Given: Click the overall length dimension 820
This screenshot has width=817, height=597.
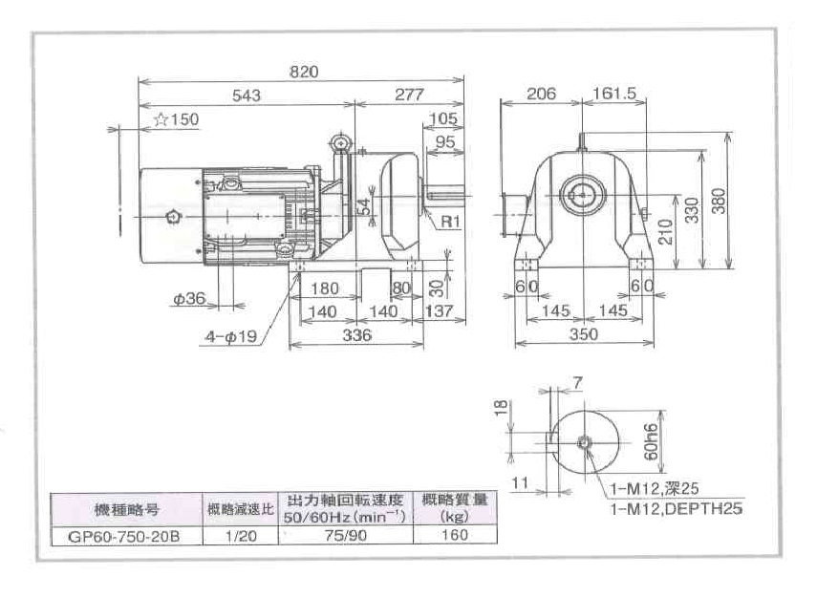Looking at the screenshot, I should [303, 72].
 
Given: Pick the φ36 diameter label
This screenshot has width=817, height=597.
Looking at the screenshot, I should [189, 298].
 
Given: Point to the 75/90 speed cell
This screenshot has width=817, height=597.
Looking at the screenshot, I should [345, 535].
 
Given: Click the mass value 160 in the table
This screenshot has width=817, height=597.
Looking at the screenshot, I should [456, 535].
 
